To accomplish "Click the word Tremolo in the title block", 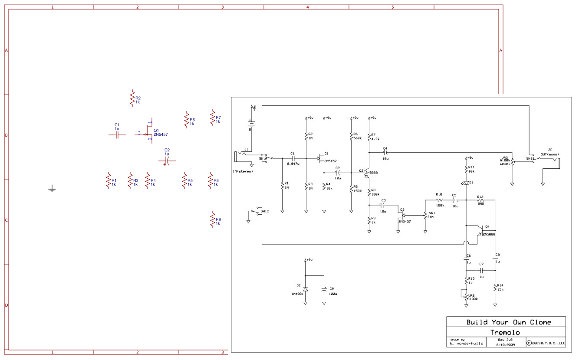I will [x=505, y=332].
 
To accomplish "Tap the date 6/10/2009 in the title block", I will [x=506, y=344].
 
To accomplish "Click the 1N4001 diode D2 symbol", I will [x=305, y=289].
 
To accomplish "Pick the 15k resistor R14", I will [x=495, y=287].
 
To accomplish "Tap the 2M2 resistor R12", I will [x=480, y=200].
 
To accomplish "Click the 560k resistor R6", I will [x=351, y=136].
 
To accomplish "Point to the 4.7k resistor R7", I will [x=369, y=137].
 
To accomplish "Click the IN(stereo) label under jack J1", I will [x=243, y=171].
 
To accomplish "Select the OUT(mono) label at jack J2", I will [x=549, y=154].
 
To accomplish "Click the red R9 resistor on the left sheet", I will [x=213, y=219].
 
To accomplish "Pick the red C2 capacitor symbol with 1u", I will [x=167, y=161].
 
